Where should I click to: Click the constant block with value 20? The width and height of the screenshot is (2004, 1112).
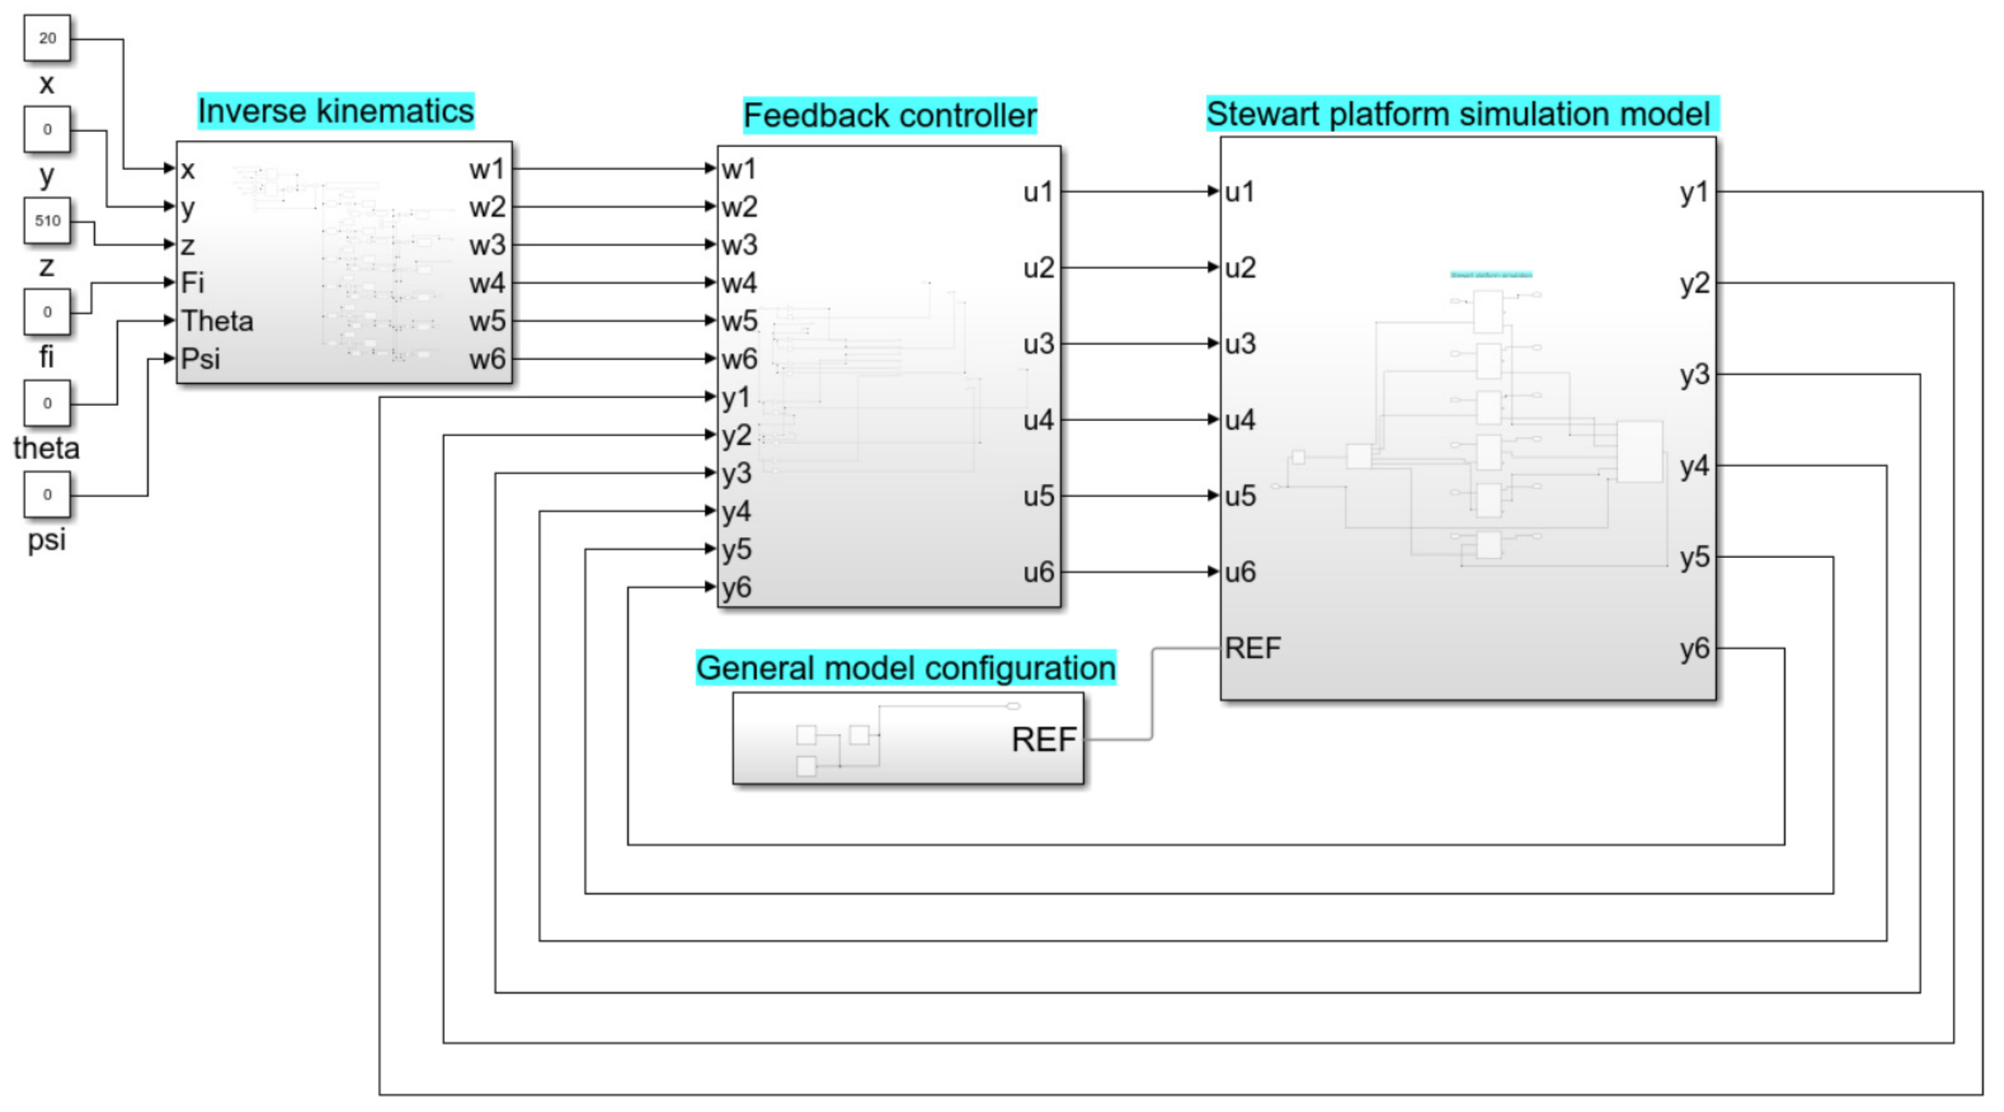pyautogui.click(x=48, y=38)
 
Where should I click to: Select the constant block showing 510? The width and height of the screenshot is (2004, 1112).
pyautogui.click(x=48, y=221)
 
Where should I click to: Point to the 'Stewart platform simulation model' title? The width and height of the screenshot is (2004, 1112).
pyautogui.click(x=1460, y=114)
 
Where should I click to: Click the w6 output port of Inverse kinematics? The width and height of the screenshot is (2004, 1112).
pyautogui.click(x=488, y=360)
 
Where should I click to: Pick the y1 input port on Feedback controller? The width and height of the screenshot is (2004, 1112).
pyautogui.click(x=735, y=398)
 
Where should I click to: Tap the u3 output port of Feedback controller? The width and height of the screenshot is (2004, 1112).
pyautogui.click(x=1038, y=344)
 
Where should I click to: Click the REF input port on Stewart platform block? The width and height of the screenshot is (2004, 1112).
pyautogui.click(x=1252, y=647)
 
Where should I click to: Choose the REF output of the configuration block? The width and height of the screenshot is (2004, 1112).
pyautogui.click(x=1043, y=740)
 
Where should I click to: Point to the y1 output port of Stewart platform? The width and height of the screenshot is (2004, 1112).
pyautogui.click(x=1694, y=192)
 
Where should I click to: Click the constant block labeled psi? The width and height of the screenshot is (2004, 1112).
pyautogui.click(x=48, y=494)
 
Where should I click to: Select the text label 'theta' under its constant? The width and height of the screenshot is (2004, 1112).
pyautogui.click(x=47, y=449)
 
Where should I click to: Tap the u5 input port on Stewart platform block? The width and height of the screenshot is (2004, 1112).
pyautogui.click(x=1240, y=496)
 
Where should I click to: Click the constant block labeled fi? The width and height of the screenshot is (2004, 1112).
pyautogui.click(x=48, y=312)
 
